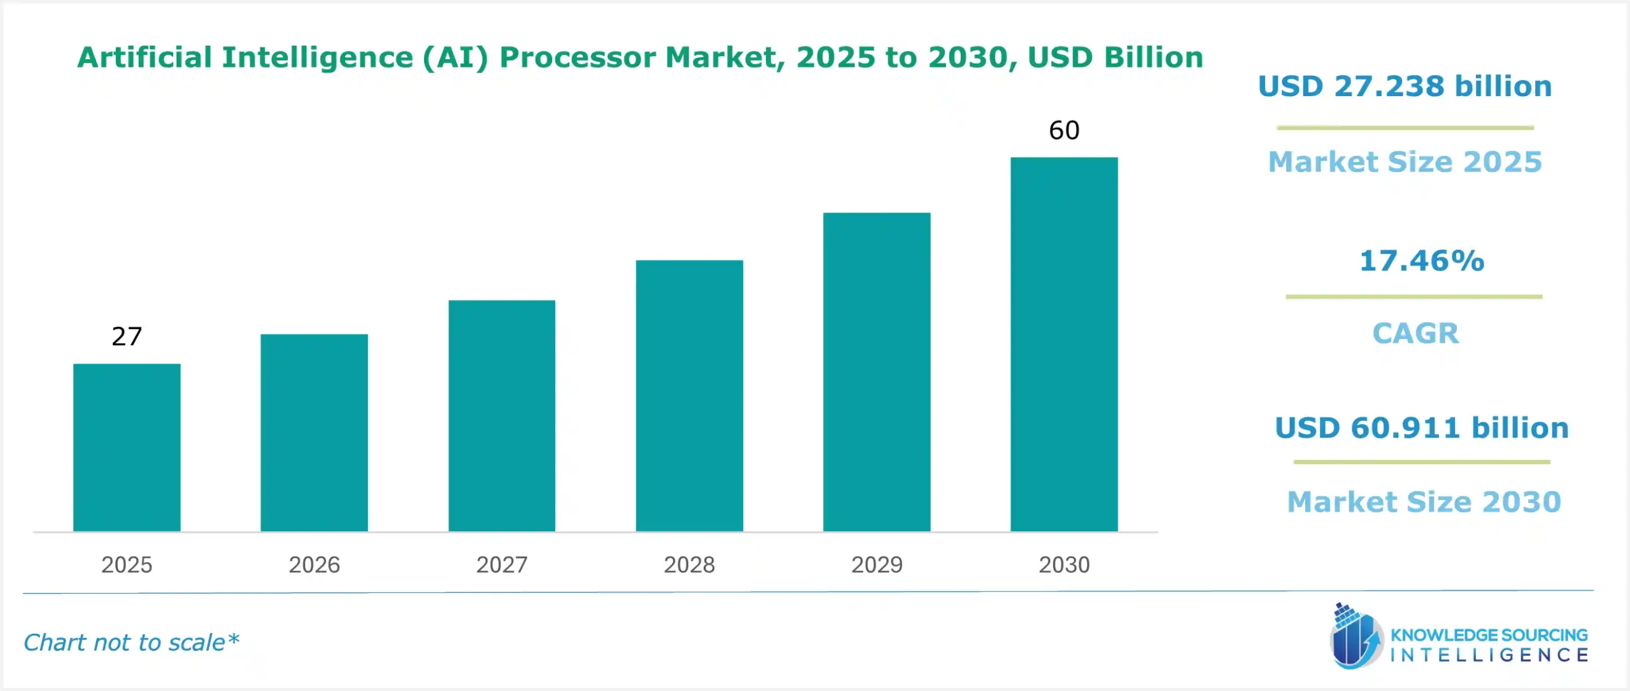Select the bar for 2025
[x=127, y=447]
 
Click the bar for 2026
[x=314, y=432]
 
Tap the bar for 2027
[x=502, y=415]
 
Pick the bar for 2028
[x=689, y=395]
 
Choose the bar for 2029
[x=876, y=372]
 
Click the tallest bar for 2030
[x=1064, y=344]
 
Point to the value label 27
[x=127, y=336]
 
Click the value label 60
[x=1064, y=131]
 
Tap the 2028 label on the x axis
[x=689, y=564]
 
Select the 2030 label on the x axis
[x=1064, y=564]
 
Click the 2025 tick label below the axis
[x=127, y=564]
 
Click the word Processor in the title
[x=577, y=57]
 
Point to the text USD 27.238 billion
[x=1405, y=86]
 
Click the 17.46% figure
[x=1421, y=260]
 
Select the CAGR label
[x=1415, y=333]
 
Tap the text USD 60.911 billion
[x=1421, y=427]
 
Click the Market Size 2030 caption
[x=1424, y=502]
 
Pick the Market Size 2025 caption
[x=1405, y=162]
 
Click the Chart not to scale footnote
[x=131, y=642]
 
